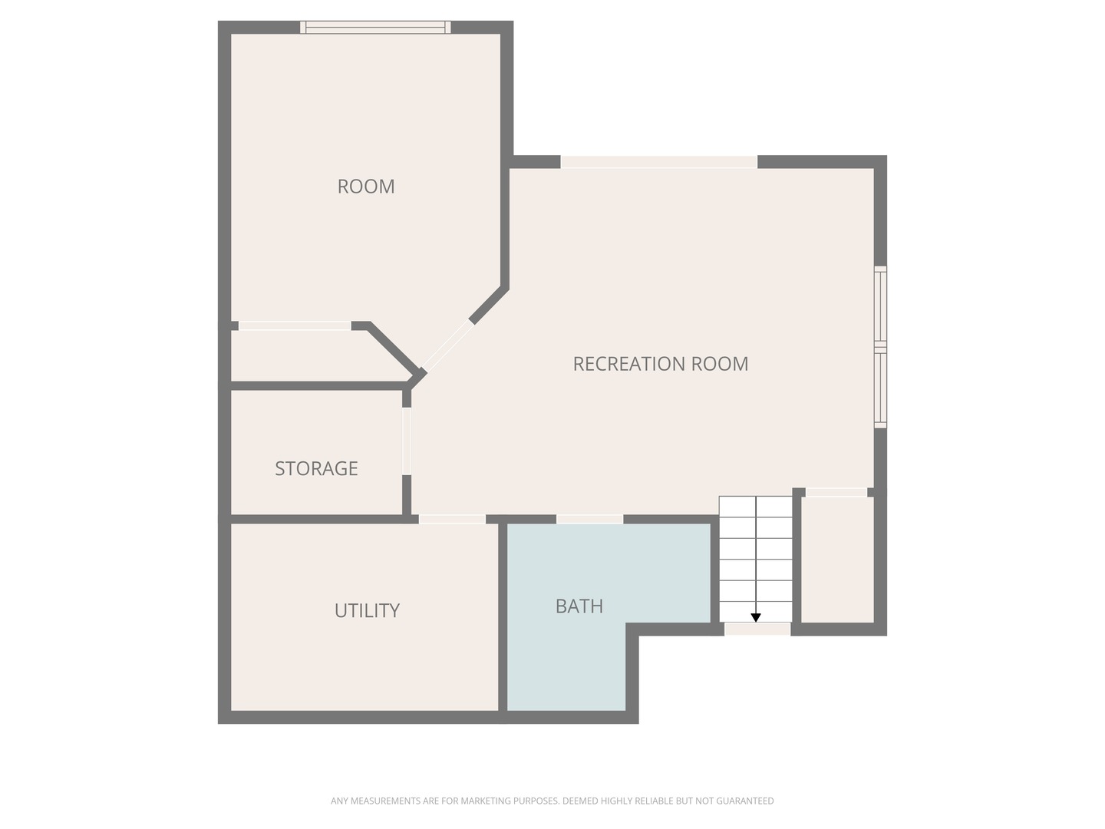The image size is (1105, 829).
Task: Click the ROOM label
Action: point(365,187)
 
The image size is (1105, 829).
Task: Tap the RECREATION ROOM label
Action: point(660,363)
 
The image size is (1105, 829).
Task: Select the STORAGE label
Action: point(316,468)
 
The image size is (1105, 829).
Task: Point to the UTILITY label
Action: point(367,610)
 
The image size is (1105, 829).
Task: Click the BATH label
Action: point(579,606)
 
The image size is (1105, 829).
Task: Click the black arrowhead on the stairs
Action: point(755,617)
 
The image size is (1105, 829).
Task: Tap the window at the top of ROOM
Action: point(375,27)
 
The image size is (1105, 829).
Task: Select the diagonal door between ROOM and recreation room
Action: point(447,345)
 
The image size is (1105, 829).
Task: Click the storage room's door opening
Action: point(406,441)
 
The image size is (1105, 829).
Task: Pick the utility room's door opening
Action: point(451,519)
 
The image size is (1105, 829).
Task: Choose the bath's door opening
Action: point(589,519)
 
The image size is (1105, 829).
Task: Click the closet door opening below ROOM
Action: point(295,325)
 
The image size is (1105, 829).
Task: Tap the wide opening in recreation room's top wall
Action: point(658,162)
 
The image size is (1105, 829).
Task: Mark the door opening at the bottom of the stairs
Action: point(757,629)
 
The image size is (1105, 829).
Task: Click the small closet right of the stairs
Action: point(836,560)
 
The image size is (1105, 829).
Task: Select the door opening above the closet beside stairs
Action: point(836,492)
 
